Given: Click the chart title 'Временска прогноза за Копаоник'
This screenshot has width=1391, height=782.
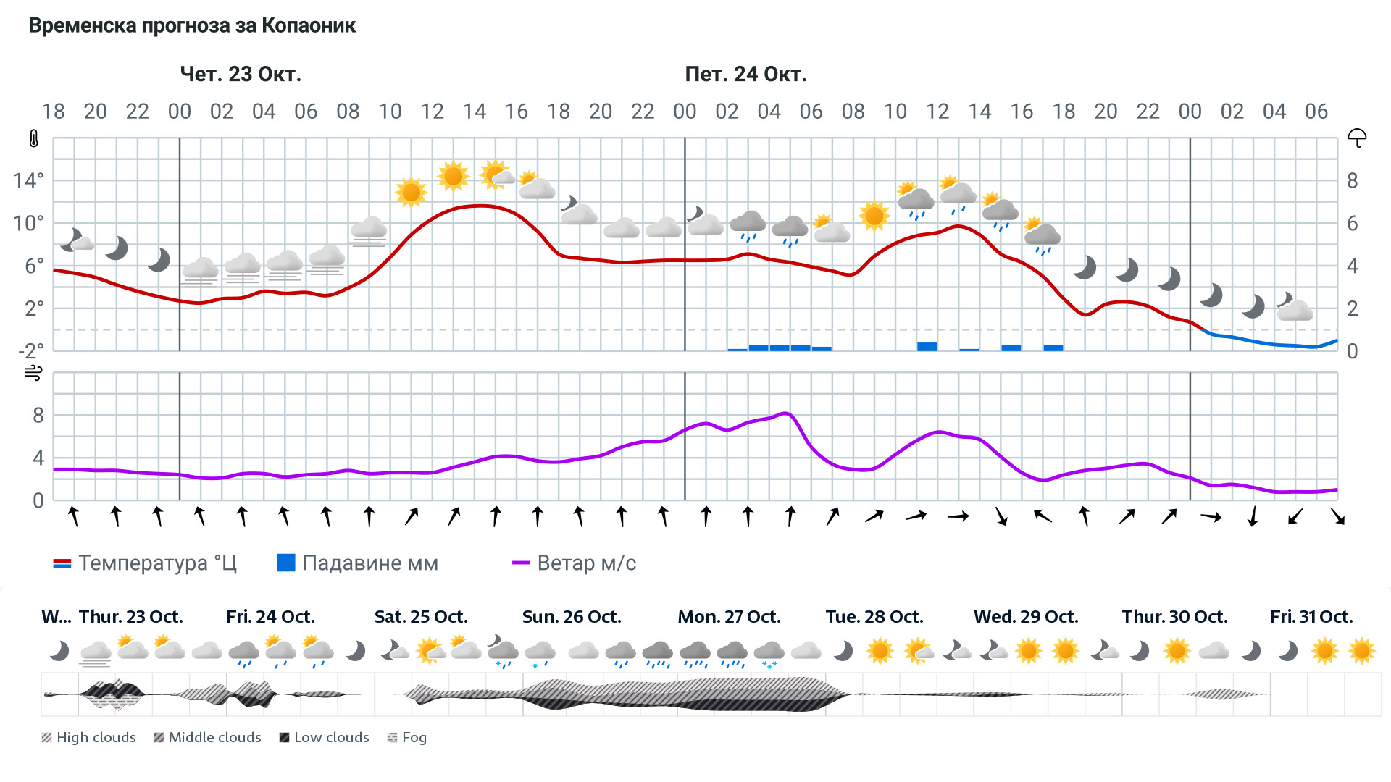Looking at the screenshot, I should click(192, 26).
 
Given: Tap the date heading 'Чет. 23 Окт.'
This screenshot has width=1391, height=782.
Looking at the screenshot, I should click(241, 74).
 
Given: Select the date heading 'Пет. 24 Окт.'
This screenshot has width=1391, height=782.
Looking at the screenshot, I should click(745, 74).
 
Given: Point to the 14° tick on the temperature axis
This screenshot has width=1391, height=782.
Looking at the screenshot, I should click(28, 180).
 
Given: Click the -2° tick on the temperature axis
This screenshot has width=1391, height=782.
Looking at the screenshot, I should click(30, 351).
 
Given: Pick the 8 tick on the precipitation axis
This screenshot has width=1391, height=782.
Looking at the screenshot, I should click(1352, 180).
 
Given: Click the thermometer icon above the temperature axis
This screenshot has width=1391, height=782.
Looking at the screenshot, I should click(34, 138).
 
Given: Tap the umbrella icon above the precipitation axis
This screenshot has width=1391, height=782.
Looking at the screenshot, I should click(1356, 138).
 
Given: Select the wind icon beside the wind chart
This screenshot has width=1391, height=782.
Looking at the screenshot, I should click(33, 373).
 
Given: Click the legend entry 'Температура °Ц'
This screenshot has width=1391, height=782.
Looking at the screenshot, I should click(145, 563).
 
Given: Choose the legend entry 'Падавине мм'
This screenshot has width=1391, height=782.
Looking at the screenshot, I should click(358, 563).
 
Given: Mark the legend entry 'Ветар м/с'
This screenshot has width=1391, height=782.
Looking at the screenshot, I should click(574, 563).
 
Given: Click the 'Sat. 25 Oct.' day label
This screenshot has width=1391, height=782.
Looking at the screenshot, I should click(421, 617).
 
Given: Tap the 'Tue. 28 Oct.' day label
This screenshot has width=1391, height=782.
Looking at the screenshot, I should click(874, 617).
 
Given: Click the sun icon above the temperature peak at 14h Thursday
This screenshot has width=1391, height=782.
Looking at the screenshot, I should click(453, 176).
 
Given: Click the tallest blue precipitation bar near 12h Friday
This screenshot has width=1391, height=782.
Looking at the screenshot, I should click(927, 347).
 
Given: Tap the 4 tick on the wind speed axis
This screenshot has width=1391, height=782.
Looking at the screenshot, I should click(38, 458).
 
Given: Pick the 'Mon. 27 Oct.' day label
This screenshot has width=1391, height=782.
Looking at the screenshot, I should click(729, 617).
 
